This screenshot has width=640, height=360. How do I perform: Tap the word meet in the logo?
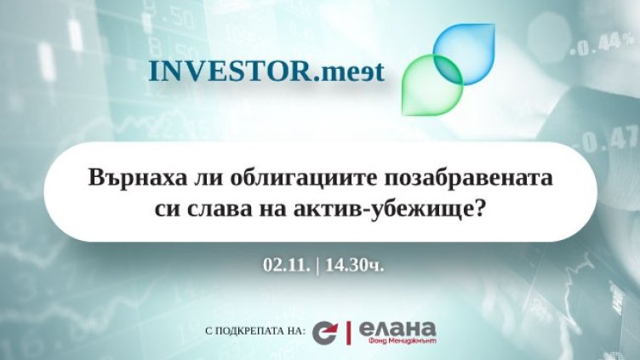click(x=350, y=71)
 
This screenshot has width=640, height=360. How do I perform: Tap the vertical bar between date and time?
click(x=316, y=264)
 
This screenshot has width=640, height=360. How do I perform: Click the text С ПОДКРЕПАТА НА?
click(x=255, y=331)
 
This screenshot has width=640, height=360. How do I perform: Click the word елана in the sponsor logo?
click(x=397, y=327)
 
